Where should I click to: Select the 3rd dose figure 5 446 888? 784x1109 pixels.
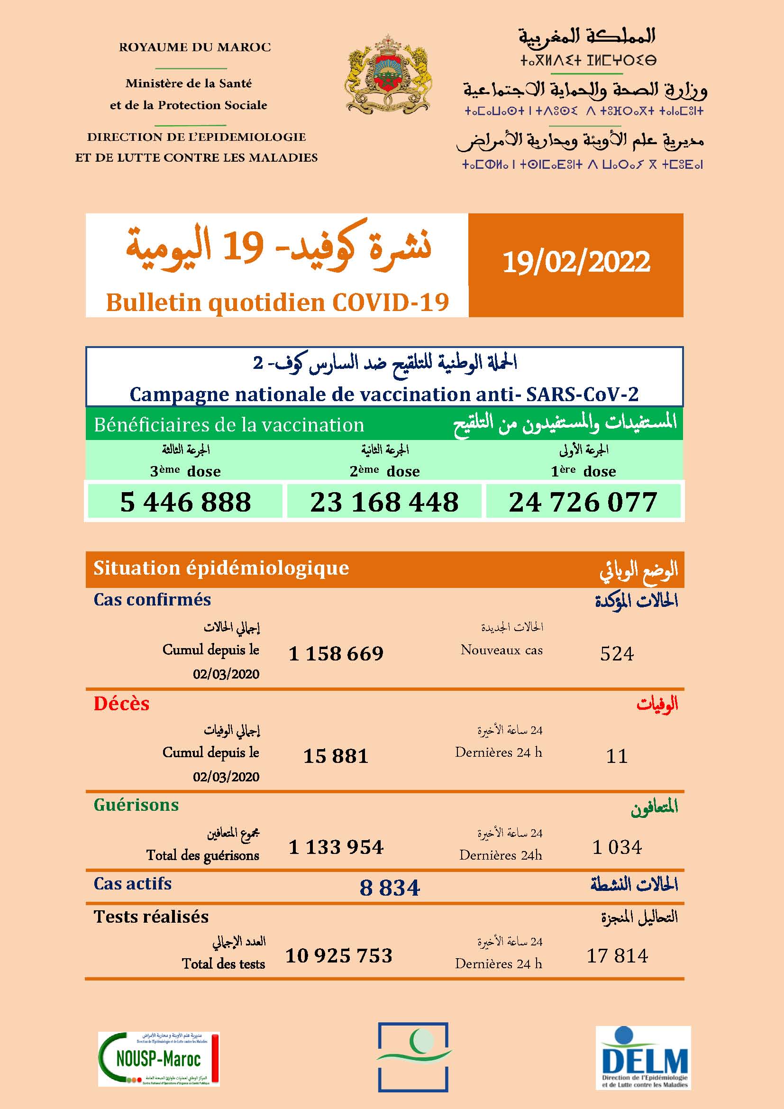point(185,502)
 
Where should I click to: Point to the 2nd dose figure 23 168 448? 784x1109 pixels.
point(384,502)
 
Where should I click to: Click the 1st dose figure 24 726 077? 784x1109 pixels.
point(583,502)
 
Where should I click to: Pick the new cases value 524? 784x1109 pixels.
point(617,654)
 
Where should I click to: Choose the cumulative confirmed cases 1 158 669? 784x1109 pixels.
point(336,654)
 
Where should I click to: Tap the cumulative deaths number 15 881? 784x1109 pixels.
point(336,756)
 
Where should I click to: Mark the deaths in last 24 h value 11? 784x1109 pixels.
point(617,756)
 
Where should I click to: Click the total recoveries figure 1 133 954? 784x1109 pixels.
point(336,847)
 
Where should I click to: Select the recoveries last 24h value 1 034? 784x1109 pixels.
point(617,847)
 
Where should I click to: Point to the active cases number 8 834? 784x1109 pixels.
point(390,888)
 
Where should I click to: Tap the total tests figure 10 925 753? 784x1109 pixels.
point(339,956)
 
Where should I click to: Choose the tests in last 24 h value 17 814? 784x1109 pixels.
point(617,956)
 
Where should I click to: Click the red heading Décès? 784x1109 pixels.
point(122,704)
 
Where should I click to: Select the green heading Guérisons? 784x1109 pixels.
point(136,805)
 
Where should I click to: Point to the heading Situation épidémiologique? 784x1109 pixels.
point(221,568)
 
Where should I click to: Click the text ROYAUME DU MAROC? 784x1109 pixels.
point(195,47)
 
